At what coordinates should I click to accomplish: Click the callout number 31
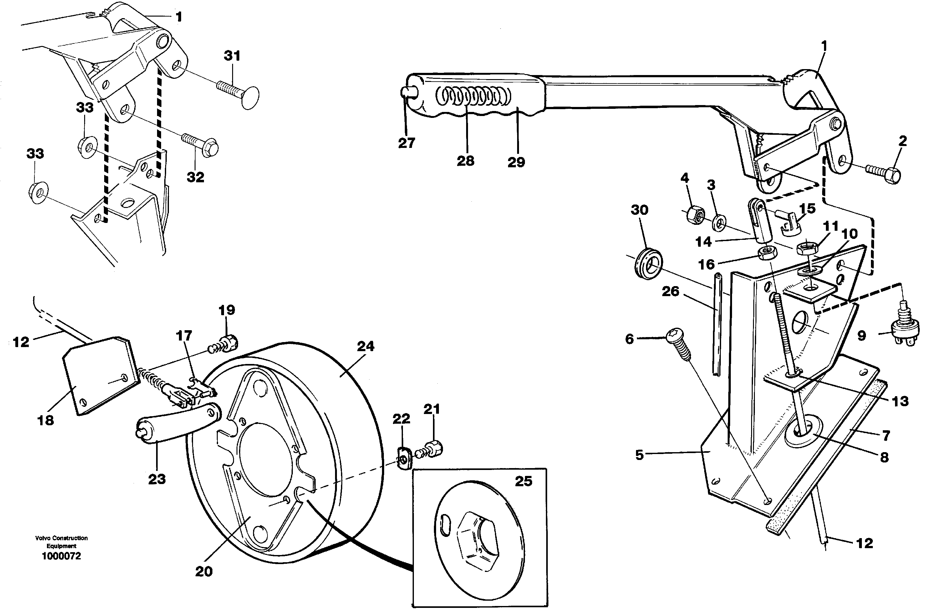point(232,56)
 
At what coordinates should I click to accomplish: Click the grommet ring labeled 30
point(649,263)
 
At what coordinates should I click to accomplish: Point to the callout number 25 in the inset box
point(523,481)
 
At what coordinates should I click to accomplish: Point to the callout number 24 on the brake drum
point(365,346)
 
